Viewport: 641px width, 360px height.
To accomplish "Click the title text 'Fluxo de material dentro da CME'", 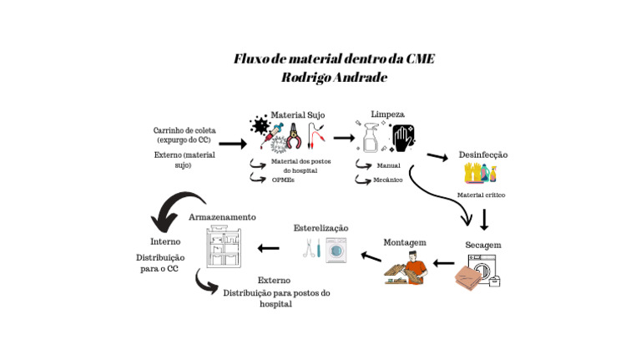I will [334, 59].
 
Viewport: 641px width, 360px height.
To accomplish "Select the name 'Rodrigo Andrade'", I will [334, 77].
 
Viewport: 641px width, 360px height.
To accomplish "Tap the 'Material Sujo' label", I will [298, 114].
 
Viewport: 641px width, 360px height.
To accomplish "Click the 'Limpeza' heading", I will [387, 114].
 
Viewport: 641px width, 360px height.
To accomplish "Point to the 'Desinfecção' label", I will [483, 155].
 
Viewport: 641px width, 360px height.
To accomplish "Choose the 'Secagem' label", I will [482, 245].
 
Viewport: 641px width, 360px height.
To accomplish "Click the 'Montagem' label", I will [405, 242].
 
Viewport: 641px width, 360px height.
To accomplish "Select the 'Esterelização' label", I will [320, 228].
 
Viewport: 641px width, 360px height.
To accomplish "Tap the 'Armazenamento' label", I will [222, 217].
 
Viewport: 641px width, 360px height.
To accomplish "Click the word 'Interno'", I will [165, 242].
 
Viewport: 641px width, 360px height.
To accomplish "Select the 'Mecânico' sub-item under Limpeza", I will [388, 180].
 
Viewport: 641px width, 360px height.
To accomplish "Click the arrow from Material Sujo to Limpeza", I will [343, 138].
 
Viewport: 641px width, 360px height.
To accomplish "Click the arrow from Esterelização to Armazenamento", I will [268, 248].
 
